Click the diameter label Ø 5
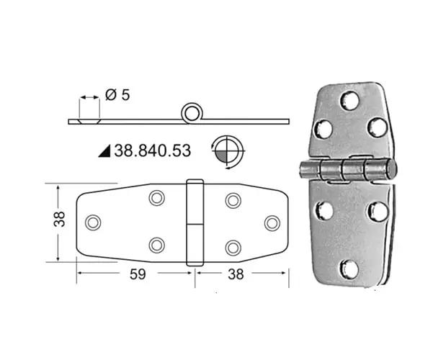117,95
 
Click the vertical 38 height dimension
61,219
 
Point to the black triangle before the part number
103,150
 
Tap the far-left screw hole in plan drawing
93,222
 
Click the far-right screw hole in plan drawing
272,222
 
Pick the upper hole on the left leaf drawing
156,198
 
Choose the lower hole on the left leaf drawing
156,246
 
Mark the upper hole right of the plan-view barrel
233,199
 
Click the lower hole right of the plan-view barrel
233,247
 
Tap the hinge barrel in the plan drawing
195,222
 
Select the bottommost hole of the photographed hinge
349,269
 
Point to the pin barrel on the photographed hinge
347,171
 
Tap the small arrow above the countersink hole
89,96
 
